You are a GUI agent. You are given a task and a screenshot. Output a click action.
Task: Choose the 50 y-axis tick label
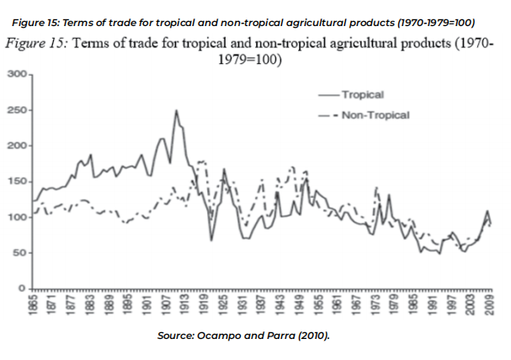coord(19,253)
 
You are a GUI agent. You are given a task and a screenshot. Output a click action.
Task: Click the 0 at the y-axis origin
coord(23,289)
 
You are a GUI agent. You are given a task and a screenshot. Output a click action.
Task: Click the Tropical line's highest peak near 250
coord(176,110)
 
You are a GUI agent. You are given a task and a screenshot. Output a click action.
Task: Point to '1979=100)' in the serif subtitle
coord(248,61)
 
